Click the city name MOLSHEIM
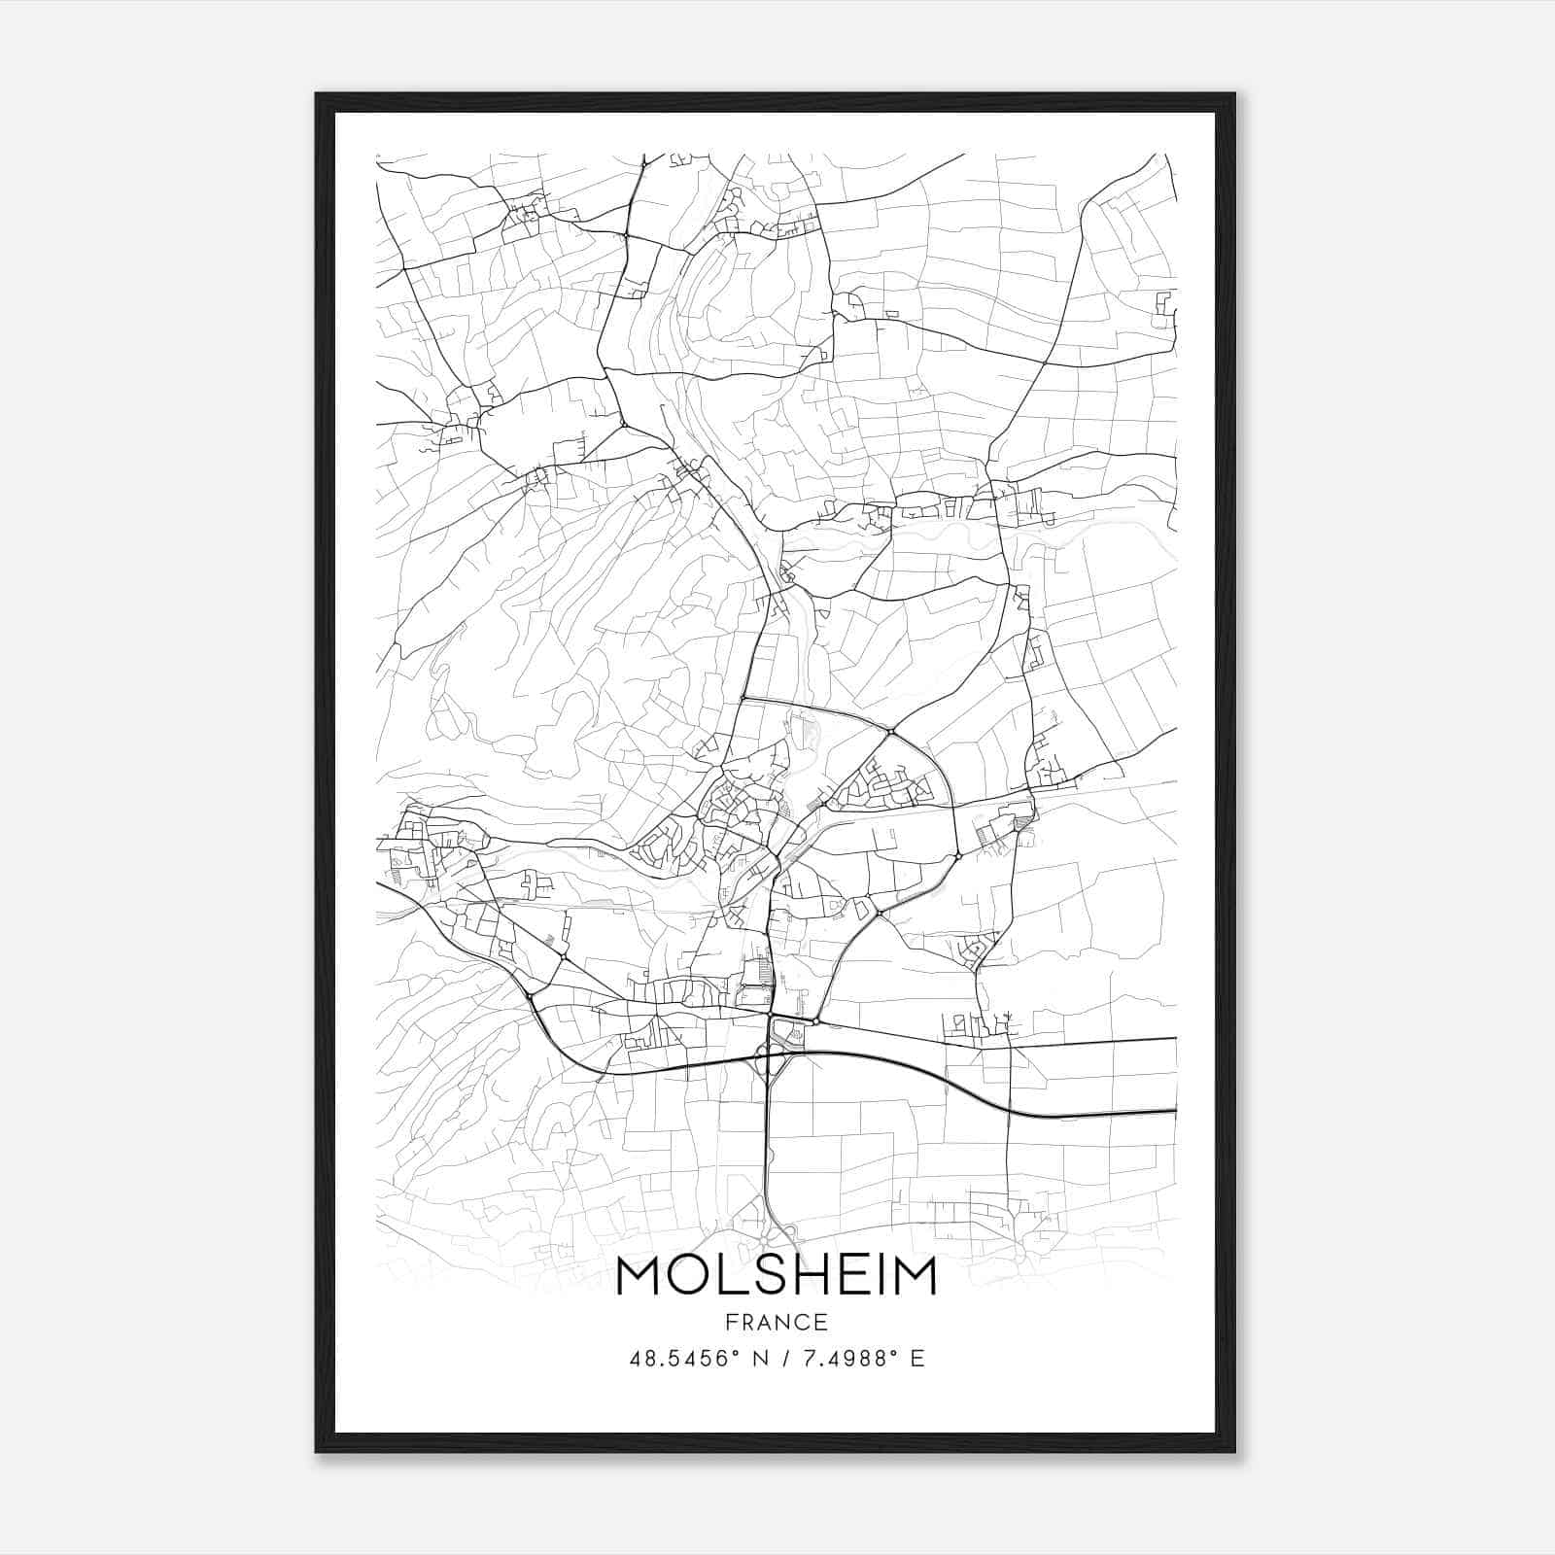coord(776,1276)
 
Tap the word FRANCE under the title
coord(776,1323)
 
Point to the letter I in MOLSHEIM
coord(872,1276)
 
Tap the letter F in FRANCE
coord(729,1323)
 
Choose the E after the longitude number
coord(916,1359)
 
